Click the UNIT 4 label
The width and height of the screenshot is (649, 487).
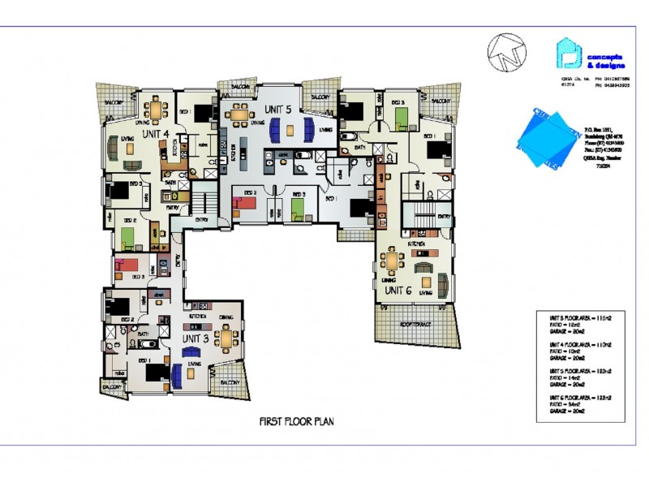(155, 133)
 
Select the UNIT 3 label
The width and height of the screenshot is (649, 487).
(195, 338)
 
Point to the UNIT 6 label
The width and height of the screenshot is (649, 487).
(398, 290)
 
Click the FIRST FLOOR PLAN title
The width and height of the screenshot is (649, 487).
(296, 421)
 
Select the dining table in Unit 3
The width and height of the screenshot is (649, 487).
(226, 335)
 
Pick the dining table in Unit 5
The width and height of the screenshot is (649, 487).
(239, 114)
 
